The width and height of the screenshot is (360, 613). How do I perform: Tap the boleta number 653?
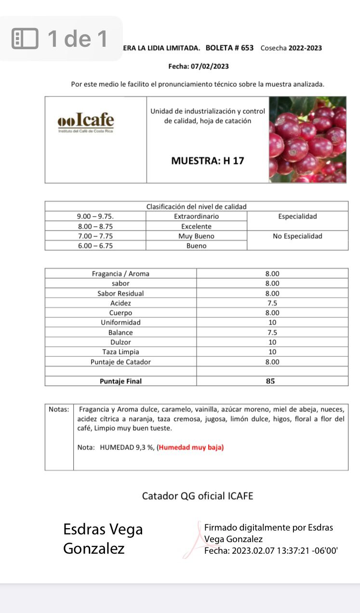click(x=247, y=48)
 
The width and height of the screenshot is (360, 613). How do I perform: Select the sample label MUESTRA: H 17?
click(x=208, y=161)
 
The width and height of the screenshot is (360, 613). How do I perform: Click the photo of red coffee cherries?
click(x=307, y=139)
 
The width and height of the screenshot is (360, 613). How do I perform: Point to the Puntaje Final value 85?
click(x=270, y=381)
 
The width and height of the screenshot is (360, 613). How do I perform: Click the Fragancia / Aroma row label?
click(x=120, y=273)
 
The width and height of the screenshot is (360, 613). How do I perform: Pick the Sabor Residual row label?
click(x=120, y=293)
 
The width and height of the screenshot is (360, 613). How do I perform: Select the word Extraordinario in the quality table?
click(x=196, y=217)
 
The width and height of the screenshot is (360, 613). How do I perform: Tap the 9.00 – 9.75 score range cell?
click(x=95, y=217)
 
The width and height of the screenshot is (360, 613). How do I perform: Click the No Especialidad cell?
click(x=297, y=236)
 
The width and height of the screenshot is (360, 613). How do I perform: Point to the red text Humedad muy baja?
click(x=191, y=447)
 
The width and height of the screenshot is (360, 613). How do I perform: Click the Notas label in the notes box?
click(x=59, y=409)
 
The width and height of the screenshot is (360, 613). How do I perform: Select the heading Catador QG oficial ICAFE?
click(x=198, y=496)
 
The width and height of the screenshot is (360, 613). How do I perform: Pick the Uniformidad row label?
click(x=120, y=322)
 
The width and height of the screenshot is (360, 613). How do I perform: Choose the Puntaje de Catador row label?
click(x=120, y=362)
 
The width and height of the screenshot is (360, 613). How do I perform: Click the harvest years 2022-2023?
click(x=305, y=48)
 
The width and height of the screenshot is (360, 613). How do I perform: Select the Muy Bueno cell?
click(x=196, y=236)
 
